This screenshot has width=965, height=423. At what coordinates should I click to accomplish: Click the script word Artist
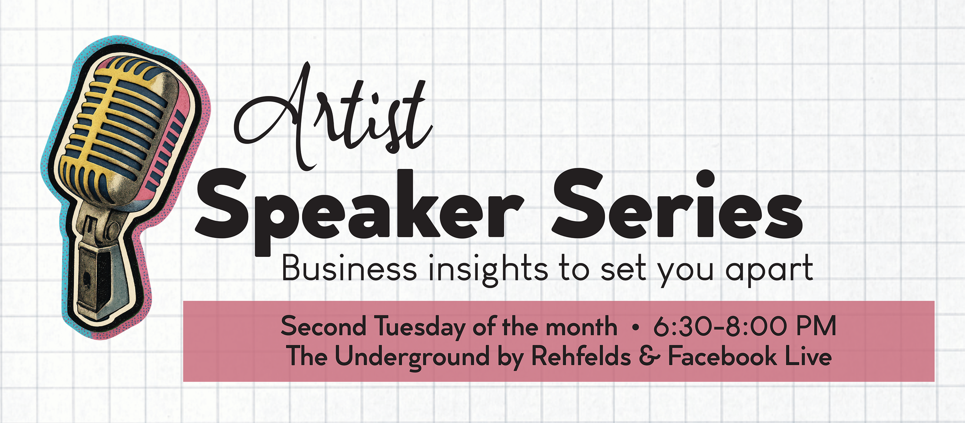pos(332,118)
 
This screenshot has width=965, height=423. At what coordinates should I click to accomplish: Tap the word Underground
pos(412,357)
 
